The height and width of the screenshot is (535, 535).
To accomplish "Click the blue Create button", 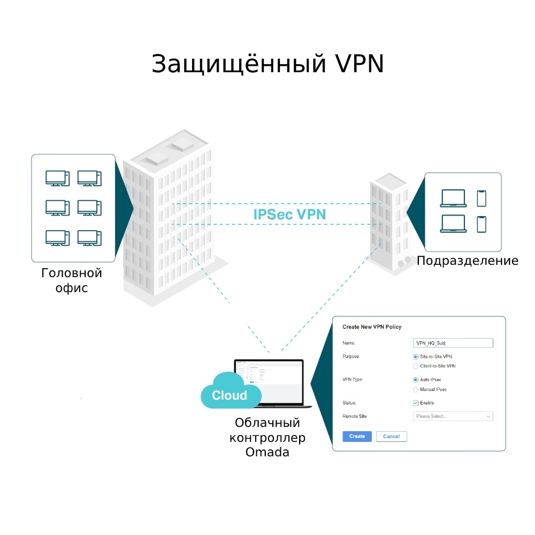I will coord(357,437).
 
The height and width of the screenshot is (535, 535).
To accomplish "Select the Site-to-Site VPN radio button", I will coord(416,356).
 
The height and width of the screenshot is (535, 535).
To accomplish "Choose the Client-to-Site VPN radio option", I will coord(416,366).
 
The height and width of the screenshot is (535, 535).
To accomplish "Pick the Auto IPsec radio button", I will coord(416,379).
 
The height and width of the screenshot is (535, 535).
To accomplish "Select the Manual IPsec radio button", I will coord(416,389).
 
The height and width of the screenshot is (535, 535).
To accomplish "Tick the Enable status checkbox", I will coord(416,403).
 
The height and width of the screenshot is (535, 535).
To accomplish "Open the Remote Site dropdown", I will coord(453,416).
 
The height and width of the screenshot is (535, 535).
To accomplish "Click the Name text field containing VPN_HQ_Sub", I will coord(453,343).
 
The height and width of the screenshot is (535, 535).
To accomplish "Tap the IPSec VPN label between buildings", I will coord(289,215).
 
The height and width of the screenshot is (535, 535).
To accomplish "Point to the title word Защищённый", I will coord(239,64).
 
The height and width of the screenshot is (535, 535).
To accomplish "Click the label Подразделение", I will coord(467,261).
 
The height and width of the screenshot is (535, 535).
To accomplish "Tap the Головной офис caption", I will coord(72,280).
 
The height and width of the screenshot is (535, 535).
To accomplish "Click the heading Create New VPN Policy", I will coord(372,327).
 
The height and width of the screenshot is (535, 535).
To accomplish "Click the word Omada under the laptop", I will coord(267,452).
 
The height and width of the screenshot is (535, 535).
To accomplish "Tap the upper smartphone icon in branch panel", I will coord(481,198).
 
